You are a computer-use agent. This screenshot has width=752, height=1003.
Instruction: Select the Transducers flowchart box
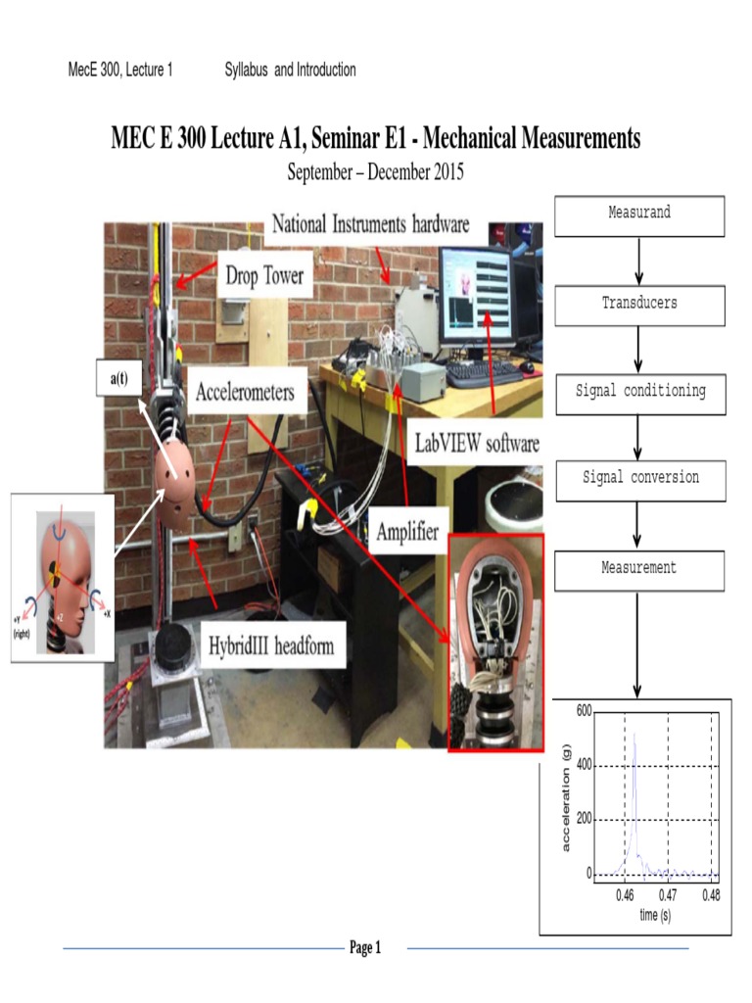click(x=639, y=305)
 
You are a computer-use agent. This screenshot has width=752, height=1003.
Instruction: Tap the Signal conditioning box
click(x=639, y=392)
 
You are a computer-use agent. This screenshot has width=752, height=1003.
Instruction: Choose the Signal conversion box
click(x=639, y=479)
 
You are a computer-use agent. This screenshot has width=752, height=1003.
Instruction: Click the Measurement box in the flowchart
click(x=639, y=569)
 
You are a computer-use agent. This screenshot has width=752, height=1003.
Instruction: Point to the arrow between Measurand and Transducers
click(x=639, y=261)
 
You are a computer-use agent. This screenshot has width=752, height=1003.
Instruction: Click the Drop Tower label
click(x=265, y=277)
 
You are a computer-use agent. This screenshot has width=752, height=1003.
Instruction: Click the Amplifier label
click(x=406, y=532)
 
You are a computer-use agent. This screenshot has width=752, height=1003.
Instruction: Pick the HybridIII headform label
click(x=270, y=645)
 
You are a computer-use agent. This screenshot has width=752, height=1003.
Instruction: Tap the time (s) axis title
click(x=655, y=915)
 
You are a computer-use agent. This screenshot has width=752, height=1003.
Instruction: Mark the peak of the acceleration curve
click(x=634, y=735)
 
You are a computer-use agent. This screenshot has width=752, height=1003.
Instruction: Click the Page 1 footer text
click(x=364, y=947)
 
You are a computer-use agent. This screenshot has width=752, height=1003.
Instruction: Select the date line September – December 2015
click(x=375, y=173)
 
